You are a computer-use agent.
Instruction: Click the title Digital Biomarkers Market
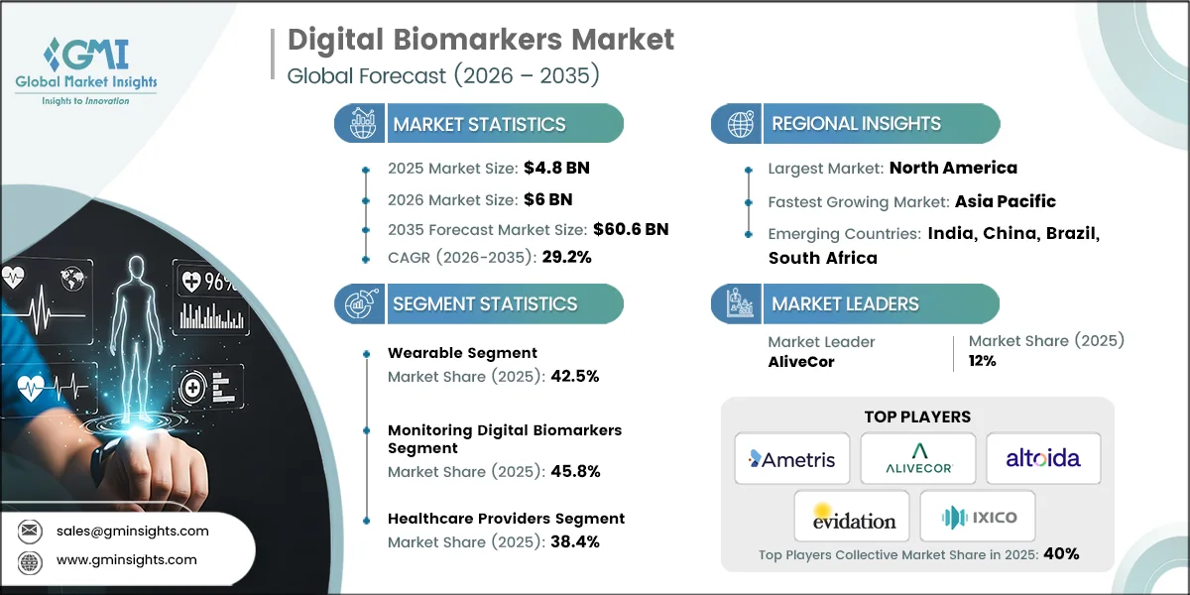point(481,40)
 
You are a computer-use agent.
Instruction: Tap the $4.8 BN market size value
point(556,168)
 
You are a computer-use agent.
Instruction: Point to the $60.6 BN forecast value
point(631,229)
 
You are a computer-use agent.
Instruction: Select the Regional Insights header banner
point(855,124)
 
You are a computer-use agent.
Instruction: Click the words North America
point(953,168)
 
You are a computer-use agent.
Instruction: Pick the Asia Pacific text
point(1005,201)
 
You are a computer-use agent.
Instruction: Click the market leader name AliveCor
point(801,362)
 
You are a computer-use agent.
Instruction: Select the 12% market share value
point(982,362)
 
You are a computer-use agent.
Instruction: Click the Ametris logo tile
point(791,458)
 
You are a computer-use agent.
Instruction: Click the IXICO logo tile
point(978,516)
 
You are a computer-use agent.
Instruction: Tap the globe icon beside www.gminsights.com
point(29,560)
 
